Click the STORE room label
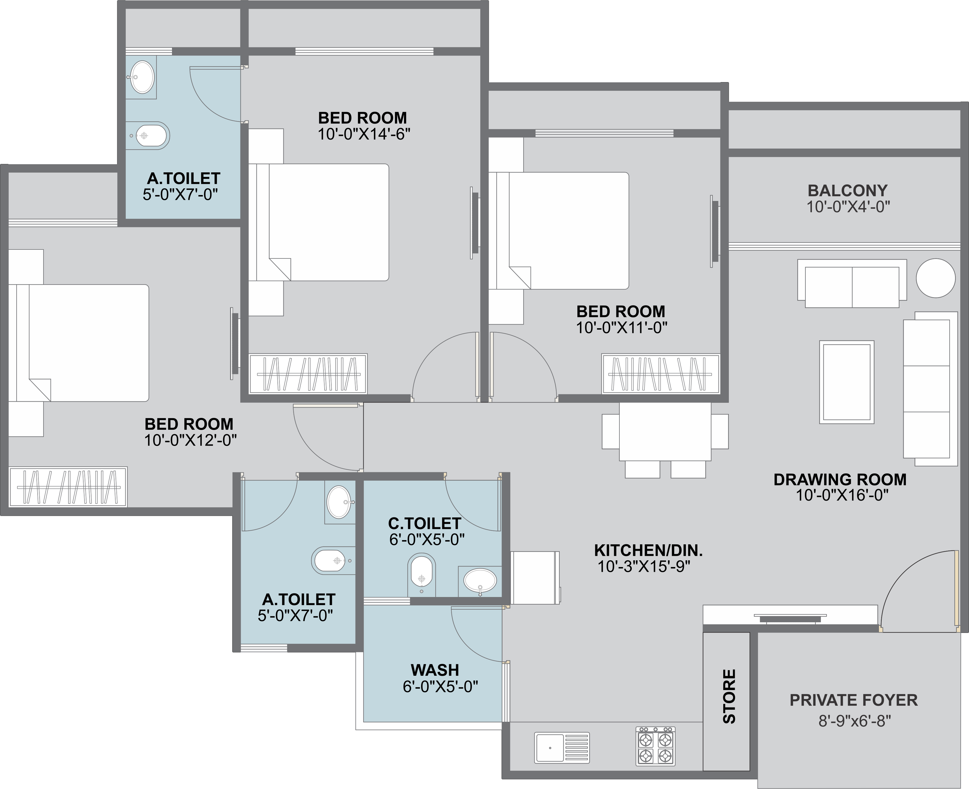[x=729, y=696]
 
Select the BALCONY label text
[x=848, y=190]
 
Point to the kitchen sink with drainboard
[x=562, y=747]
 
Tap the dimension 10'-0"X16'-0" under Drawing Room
[x=842, y=495]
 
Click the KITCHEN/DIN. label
[x=648, y=551]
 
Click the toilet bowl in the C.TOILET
[x=422, y=575]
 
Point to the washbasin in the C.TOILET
[x=480, y=580]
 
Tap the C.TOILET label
[x=424, y=524]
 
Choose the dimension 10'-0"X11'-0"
[x=621, y=328]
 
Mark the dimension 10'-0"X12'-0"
[x=190, y=440]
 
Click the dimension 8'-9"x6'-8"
[x=854, y=721]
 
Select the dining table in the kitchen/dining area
[x=665, y=431]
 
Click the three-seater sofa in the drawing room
[x=930, y=388]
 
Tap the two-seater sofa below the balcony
[x=852, y=284]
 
